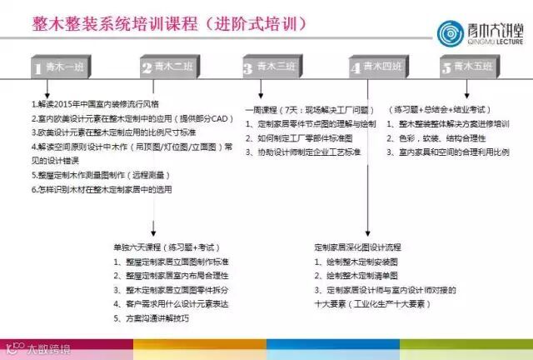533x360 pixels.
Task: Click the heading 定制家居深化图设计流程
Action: [x=357, y=247]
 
